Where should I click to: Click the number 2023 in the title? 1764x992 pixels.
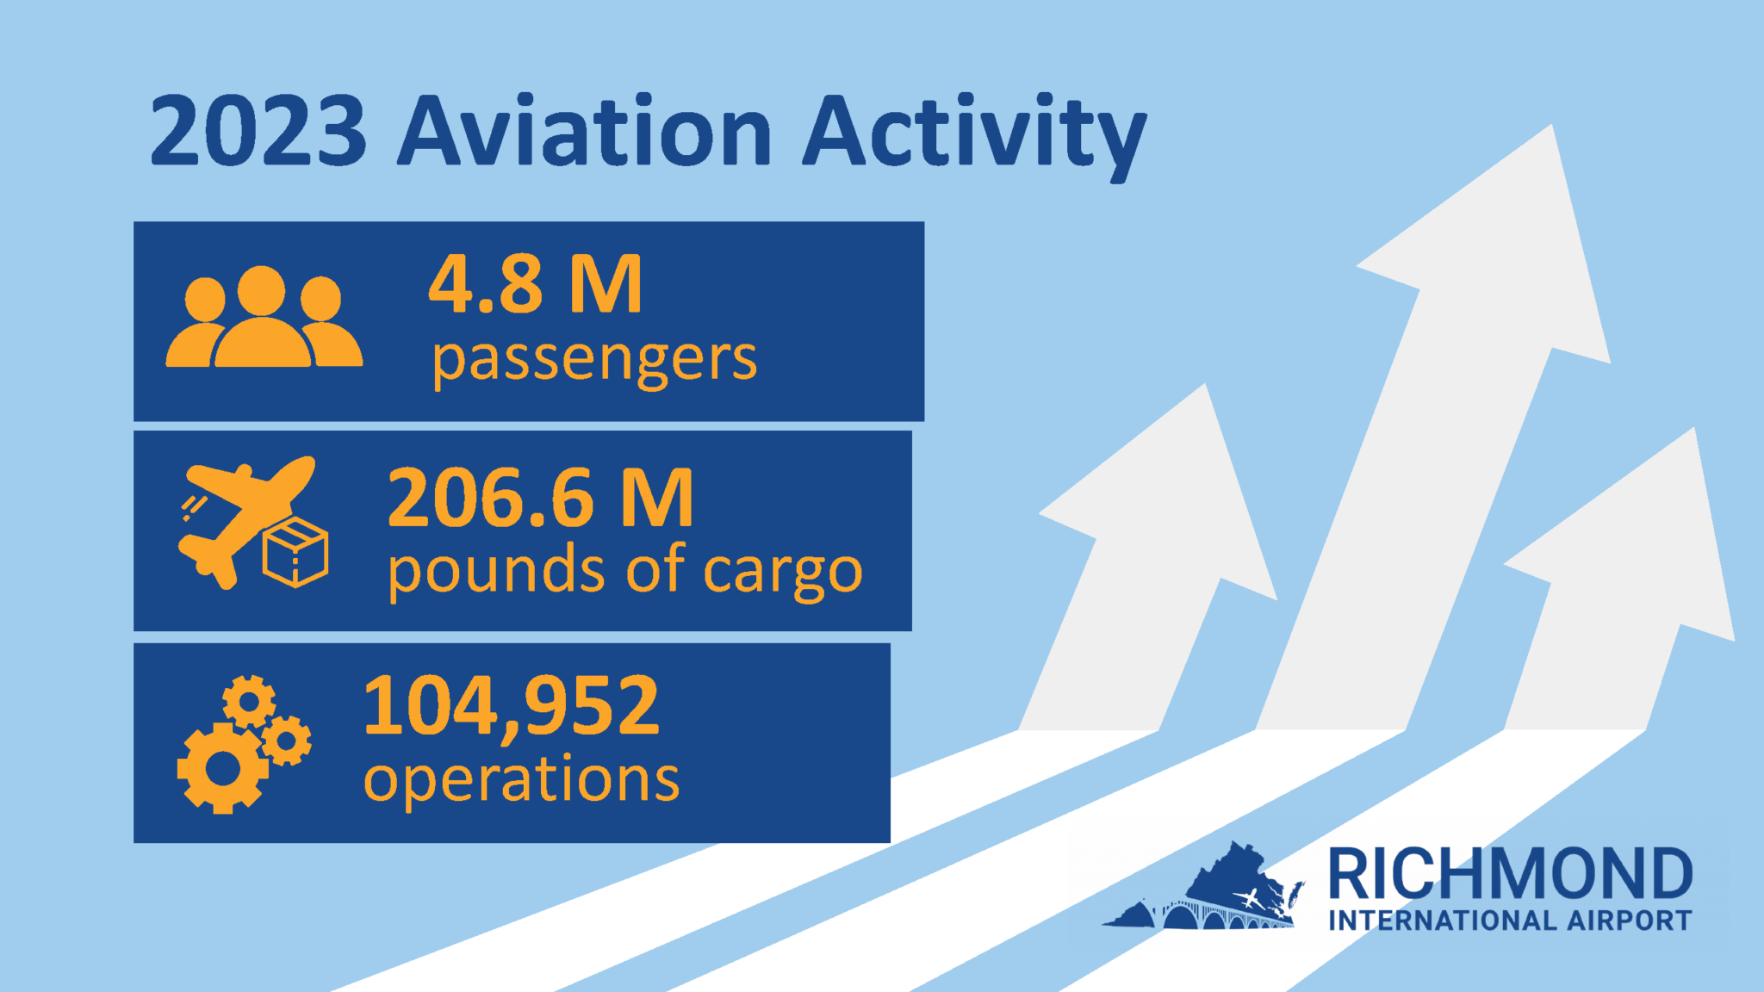pos(258,131)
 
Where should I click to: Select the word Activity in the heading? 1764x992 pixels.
pos(974,136)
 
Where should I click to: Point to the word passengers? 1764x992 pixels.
pos(594,362)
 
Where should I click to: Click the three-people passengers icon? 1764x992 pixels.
pos(264,317)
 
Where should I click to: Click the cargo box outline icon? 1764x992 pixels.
pos(295,553)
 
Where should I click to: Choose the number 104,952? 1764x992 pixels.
pos(512,706)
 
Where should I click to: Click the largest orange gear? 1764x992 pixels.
pos(223,768)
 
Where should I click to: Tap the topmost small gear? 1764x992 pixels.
pos(249,702)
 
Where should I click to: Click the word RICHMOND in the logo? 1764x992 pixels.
pos(1510,873)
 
